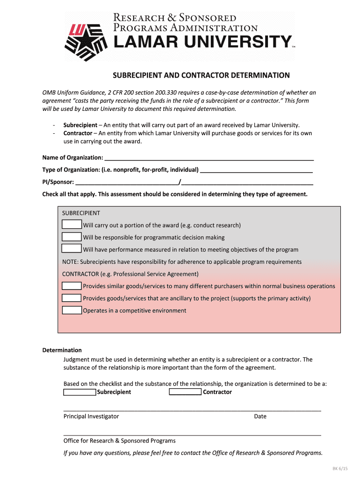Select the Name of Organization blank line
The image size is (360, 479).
[209, 158]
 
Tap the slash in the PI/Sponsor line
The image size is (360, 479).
[180, 181]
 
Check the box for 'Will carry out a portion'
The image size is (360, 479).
[72, 225]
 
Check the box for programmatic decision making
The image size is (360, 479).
[72, 237]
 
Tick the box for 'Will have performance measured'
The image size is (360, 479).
[72, 249]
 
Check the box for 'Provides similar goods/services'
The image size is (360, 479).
[72, 286]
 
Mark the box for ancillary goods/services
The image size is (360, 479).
[72, 298]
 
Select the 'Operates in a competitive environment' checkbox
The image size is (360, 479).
[72, 310]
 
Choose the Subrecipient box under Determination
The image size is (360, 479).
[79, 392]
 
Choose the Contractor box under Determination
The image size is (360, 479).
[185, 392]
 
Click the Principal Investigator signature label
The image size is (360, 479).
[91, 416]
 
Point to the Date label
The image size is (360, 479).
[260, 416]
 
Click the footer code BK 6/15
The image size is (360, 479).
[340, 469]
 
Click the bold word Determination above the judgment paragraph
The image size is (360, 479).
[62, 350]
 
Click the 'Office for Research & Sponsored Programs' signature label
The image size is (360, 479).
[120, 441]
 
